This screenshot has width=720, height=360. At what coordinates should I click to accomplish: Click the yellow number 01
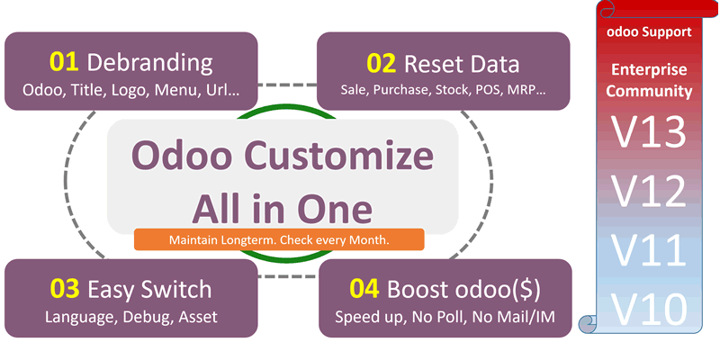coord(64,62)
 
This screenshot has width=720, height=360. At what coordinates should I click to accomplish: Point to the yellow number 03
coord(64,289)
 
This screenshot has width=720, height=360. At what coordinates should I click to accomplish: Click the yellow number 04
coord(364,290)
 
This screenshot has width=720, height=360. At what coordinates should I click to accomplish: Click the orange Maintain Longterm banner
coord(279,240)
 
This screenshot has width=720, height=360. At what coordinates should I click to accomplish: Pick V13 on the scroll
coord(648,134)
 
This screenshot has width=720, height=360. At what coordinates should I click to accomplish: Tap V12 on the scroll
coord(648,191)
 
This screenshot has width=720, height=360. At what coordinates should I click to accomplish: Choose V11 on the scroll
coord(648,249)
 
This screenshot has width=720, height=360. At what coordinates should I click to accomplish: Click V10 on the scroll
coord(648,310)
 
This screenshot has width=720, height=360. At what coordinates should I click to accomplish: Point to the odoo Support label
coord(649,31)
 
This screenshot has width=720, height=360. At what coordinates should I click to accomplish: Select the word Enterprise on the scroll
coord(649,70)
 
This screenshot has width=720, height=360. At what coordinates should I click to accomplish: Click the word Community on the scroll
coord(649,91)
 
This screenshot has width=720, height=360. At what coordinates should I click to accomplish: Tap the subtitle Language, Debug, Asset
coord(131,317)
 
